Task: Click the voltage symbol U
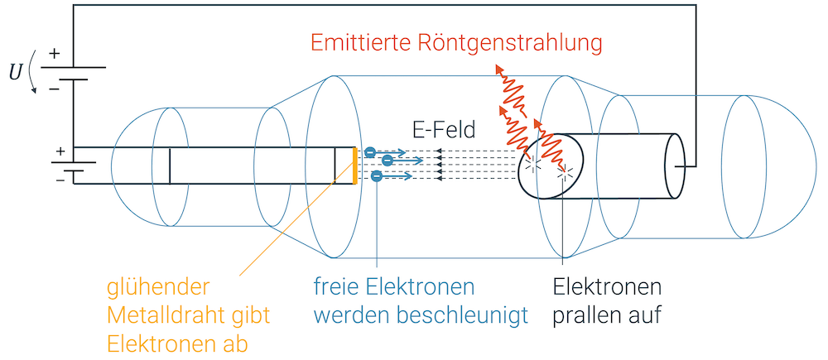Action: point(16,73)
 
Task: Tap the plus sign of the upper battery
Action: point(55,54)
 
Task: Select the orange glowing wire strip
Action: point(355,165)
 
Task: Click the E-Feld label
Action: point(444,129)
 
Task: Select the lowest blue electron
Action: point(377,176)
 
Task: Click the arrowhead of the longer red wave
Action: point(498,69)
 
